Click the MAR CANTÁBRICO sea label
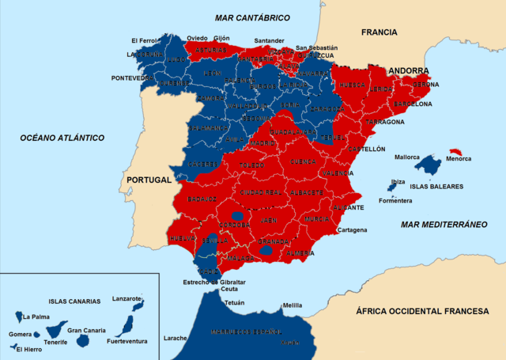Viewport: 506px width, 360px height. [x=252, y=17]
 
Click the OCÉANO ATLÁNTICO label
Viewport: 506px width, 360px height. [x=62, y=138]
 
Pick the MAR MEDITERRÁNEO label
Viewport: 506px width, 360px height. [x=444, y=224]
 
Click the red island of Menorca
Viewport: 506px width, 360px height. [x=456, y=151]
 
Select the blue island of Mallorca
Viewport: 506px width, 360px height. [x=428, y=165]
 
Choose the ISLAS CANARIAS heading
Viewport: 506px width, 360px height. [x=74, y=301]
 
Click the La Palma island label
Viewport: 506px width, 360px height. [x=36, y=317]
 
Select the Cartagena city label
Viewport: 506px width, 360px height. [x=351, y=230]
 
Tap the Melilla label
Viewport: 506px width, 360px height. [x=293, y=305]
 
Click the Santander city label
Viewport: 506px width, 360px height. [x=268, y=41]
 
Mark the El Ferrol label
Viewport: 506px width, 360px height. [x=145, y=40]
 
